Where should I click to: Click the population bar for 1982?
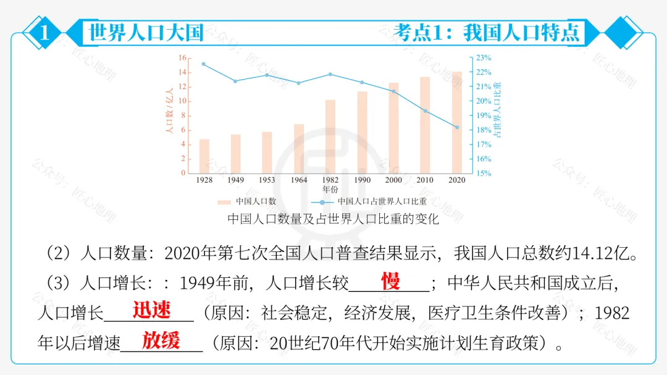tap(330, 137)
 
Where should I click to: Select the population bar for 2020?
tap(456, 122)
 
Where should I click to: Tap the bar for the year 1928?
tap(204, 156)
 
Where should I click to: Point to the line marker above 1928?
tap(204, 64)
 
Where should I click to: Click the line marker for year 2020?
tap(456, 127)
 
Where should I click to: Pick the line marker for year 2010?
tap(425, 111)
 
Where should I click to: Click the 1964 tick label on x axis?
tap(299, 180)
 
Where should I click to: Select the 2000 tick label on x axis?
tap(393, 180)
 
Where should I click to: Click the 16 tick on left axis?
tap(182, 58)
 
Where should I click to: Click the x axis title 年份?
tap(330, 188)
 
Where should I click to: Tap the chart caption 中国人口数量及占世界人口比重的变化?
tap(333, 219)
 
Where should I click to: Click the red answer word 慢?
tap(390, 281)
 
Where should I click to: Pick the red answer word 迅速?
tap(151, 310)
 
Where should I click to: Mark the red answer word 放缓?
tap(161, 340)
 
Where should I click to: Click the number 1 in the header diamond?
tap(44, 33)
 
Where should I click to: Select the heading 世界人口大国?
tap(146, 32)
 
